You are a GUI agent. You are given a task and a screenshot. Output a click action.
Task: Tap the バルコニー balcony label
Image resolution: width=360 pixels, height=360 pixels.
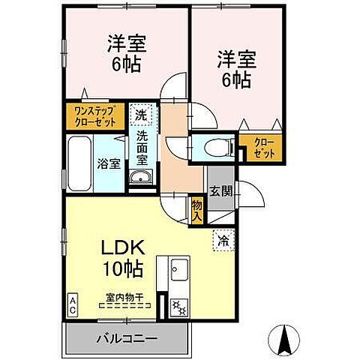coord(127,337)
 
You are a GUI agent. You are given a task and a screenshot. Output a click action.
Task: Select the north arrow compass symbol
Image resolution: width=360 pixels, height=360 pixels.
coord(285,342)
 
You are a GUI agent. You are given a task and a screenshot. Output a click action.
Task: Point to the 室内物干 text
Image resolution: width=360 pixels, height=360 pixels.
coord(124,298)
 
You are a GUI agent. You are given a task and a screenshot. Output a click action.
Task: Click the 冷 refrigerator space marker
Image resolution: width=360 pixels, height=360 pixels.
coord(223,241)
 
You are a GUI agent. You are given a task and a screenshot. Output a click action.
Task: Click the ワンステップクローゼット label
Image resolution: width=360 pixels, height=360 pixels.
coord(93,115)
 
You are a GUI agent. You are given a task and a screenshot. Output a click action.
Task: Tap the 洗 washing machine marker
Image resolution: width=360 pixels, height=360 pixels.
coord(141,115)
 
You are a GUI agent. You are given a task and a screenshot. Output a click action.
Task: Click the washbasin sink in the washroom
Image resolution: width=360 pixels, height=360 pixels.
coord(141,177)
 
